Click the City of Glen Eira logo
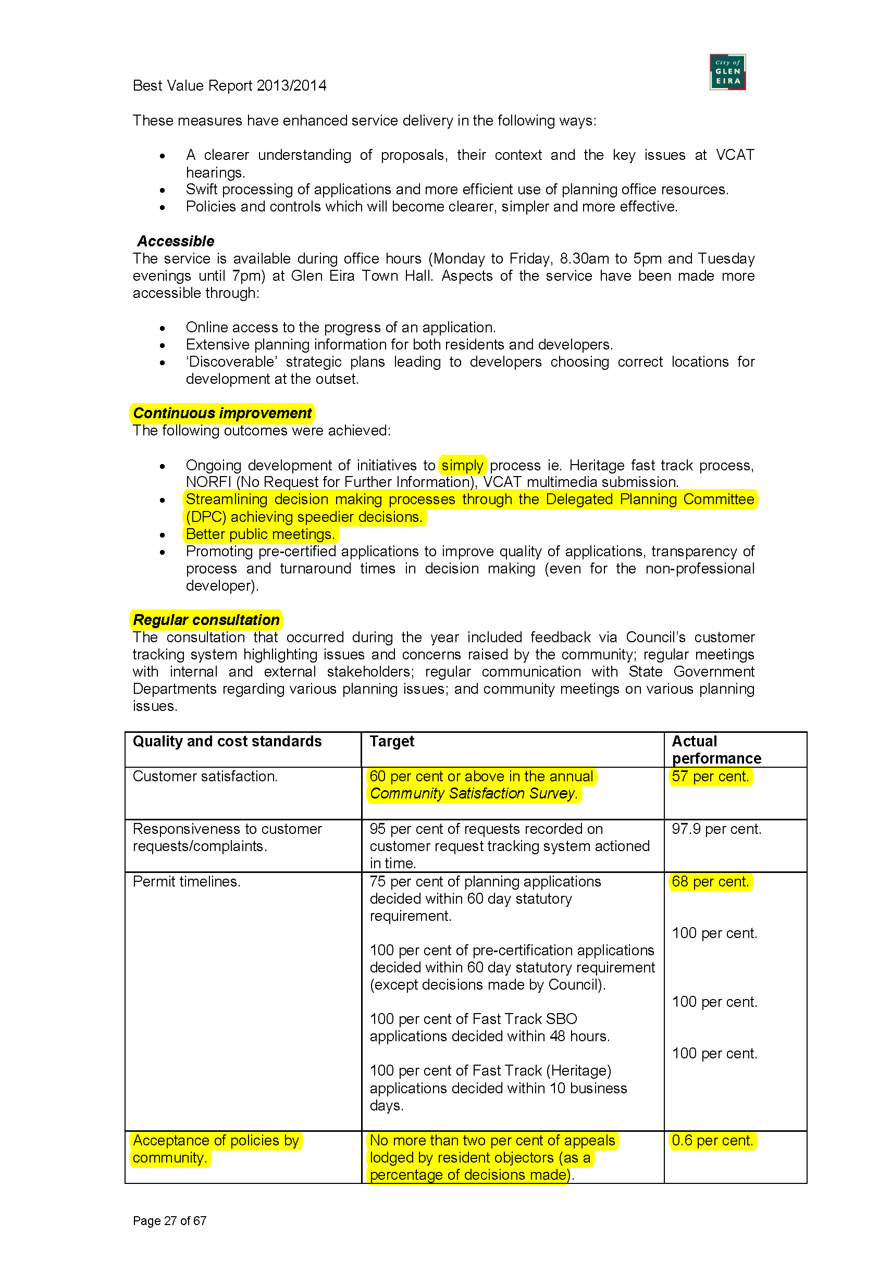pyautogui.click(x=727, y=72)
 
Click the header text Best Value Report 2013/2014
pyautogui.click(x=229, y=85)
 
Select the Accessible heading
pyautogui.click(x=176, y=241)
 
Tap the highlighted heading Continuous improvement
pyautogui.click(x=222, y=413)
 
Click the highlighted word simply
pyautogui.click(x=462, y=465)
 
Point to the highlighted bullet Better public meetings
pyautogui.click(x=260, y=534)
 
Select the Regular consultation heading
pyautogui.click(x=206, y=619)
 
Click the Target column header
pyautogui.click(x=392, y=741)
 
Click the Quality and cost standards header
pyautogui.click(x=227, y=741)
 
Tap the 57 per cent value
pyautogui.click(x=710, y=776)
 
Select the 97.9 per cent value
pyautogui.click(x=716, y=829)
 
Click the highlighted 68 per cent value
pyautogui.click(x=710, y=881)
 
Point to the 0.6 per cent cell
pyautogui.click(x=712, y=1140)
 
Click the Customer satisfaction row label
pyautogui.click(x=205, y=776)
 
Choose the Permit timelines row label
pyautogui.click(x=186, y=881)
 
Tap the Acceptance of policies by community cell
pyautogui.click(x=215, y=1148)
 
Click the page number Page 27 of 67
pyautogui.click(x=169, y=1220)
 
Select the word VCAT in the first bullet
pyautogui.click(x=735, y=155)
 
